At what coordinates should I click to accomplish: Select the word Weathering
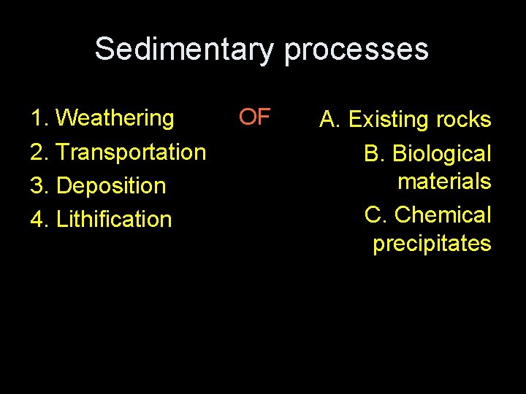pos(115,117)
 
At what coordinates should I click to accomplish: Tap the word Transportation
pos(131,152)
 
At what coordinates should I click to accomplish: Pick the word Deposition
pos(111,186)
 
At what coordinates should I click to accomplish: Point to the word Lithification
pos(113,219)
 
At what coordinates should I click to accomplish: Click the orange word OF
pos(255,116)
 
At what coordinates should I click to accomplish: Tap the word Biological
pos(442,154)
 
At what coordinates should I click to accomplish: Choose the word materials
pos(444,181)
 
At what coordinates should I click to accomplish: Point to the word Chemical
pos(443,215)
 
